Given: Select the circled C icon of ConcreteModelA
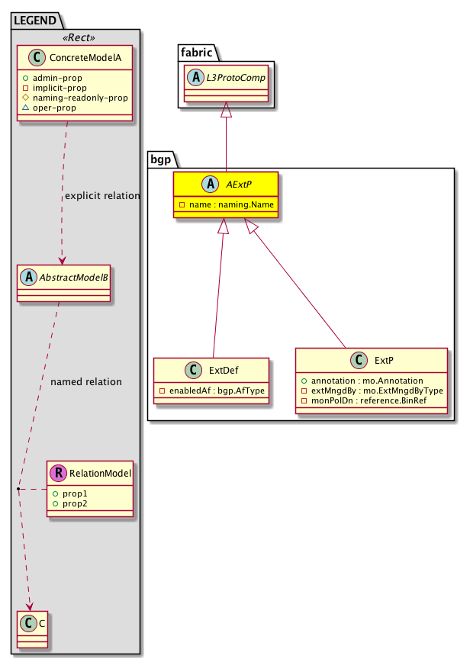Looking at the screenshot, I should pyautogui.click(x=36, y=57).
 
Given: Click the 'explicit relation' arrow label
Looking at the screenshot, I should pyautogui.click(x=102, y=196).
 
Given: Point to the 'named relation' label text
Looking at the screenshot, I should pyautogui.click(x=85, y=381).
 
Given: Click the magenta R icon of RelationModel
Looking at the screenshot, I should pyautogui.click(x=58, y=474).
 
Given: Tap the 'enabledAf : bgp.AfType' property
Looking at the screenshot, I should pyautogui.click(x=211, y=391).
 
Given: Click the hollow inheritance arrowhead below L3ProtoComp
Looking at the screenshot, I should pyautogui.click(x=226, y=111).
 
